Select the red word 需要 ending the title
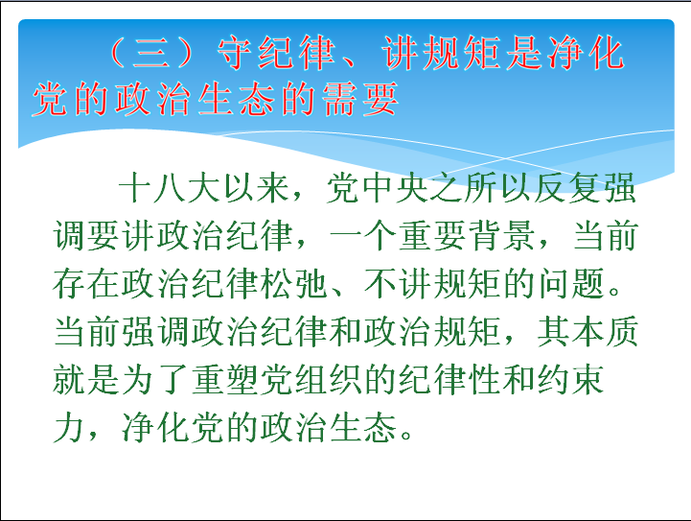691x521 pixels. coord(360,99)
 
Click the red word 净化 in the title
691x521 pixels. coord(587,53)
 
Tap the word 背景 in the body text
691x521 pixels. coord(501,236)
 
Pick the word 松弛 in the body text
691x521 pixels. coord(292,284)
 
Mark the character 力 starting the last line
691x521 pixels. coord(69,428)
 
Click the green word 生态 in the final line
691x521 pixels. coord(362,428)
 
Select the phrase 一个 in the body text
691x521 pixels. coord(362,236)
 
